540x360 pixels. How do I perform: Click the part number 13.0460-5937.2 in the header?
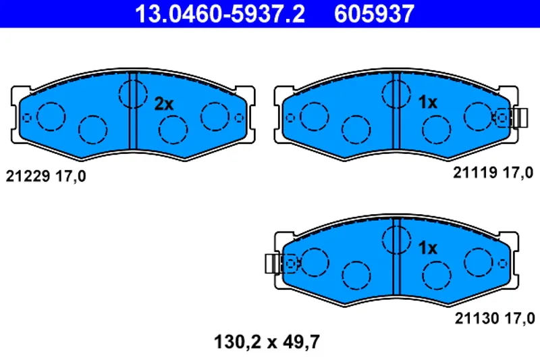[220, 14]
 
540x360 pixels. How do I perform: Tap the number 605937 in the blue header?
[374, 14]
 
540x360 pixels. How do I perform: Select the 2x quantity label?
[164, 104]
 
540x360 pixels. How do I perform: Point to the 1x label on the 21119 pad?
[427, 102]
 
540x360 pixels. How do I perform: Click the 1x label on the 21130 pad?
[427, 248]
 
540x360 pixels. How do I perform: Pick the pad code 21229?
[28, 176]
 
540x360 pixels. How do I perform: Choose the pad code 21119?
[475, 173]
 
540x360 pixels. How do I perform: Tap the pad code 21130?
[477, 318]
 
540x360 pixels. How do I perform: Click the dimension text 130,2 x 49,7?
[267, 342]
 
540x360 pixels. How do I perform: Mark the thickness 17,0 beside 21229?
[71, 177]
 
